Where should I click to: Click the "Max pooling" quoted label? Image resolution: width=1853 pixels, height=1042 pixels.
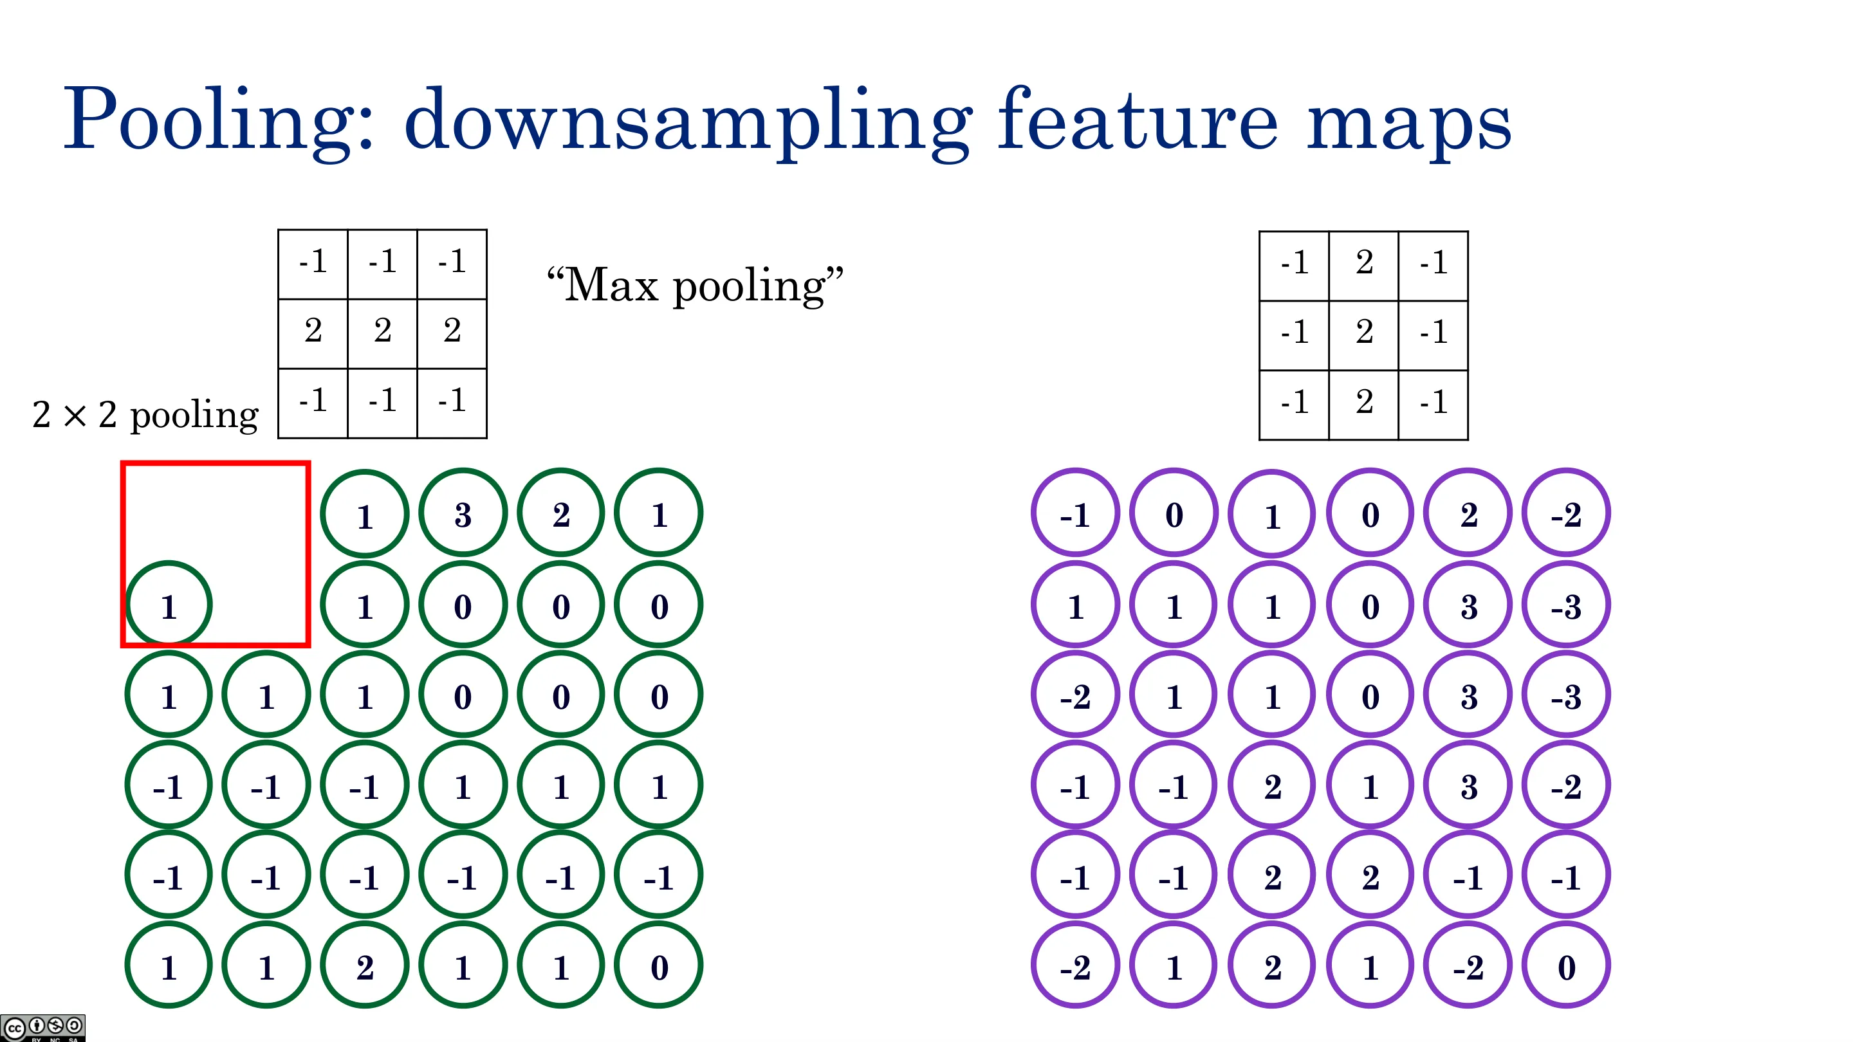pyautogui.click(x=695, y=286)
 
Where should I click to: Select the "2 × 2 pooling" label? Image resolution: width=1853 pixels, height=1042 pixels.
pyautogui.click(x=145, y=415)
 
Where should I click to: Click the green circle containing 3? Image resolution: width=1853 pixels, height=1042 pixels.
pyautogui.click(x=463, y=513)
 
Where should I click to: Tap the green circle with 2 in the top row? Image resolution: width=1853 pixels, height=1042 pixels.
pyautogui.click(x=561, y=513)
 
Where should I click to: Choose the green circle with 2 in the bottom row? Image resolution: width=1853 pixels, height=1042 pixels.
pyautogui.click(x=365, y=965)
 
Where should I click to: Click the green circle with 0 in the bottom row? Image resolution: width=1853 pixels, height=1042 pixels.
pyautogui.click(x=659, y=965)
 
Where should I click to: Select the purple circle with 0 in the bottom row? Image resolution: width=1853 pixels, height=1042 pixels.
pyautogui.click(x=1566, y=965)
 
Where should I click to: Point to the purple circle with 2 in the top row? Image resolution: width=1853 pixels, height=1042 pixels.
pyautogui.click(x=1468, y=513)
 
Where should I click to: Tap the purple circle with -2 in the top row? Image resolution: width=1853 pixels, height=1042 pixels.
pyautogui.click(x=1566, y=513)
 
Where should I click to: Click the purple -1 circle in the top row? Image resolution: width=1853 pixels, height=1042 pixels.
pyautogui.click(x=1075, y=513)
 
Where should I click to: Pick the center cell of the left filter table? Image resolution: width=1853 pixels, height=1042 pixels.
pyautogui.click(x=383, y=334)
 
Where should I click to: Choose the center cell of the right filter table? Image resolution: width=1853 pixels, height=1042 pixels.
pyautogui.click(x=1364, y=335)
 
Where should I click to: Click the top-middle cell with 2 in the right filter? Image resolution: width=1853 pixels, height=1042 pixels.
pyautogui.click(x=1364, y=266)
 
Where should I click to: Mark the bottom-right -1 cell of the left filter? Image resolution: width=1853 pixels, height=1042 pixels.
pyautogui.click(x=452, y=403)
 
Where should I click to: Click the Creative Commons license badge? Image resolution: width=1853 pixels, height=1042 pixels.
pyautogui.click(x=43, y=1028)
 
